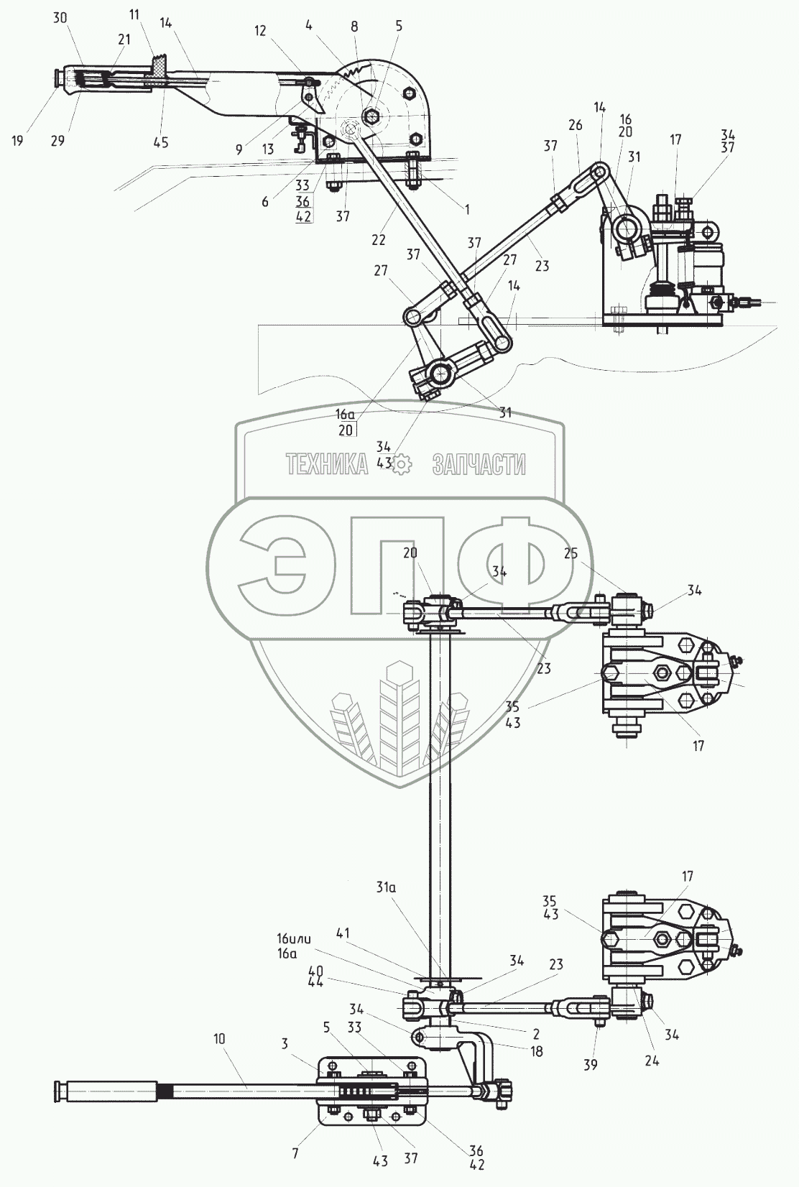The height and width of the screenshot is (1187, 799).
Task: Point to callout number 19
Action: [17, 141]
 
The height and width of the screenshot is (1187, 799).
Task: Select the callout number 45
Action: [161, 142]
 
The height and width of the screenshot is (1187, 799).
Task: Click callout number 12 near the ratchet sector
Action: [260, 31]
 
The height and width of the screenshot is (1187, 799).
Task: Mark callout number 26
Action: [575, 125]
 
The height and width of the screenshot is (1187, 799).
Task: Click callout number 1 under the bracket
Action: [466, 210]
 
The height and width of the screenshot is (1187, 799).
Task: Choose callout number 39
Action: [590, 1065]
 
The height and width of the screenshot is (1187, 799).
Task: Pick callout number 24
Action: [652, 1060]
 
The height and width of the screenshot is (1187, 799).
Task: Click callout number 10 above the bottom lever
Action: [219, 1038]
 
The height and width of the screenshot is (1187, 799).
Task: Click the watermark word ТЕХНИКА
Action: [327, 465]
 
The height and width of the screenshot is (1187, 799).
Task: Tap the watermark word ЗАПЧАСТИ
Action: [479, 465]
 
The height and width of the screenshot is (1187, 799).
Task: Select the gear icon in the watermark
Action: [400, 464]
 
